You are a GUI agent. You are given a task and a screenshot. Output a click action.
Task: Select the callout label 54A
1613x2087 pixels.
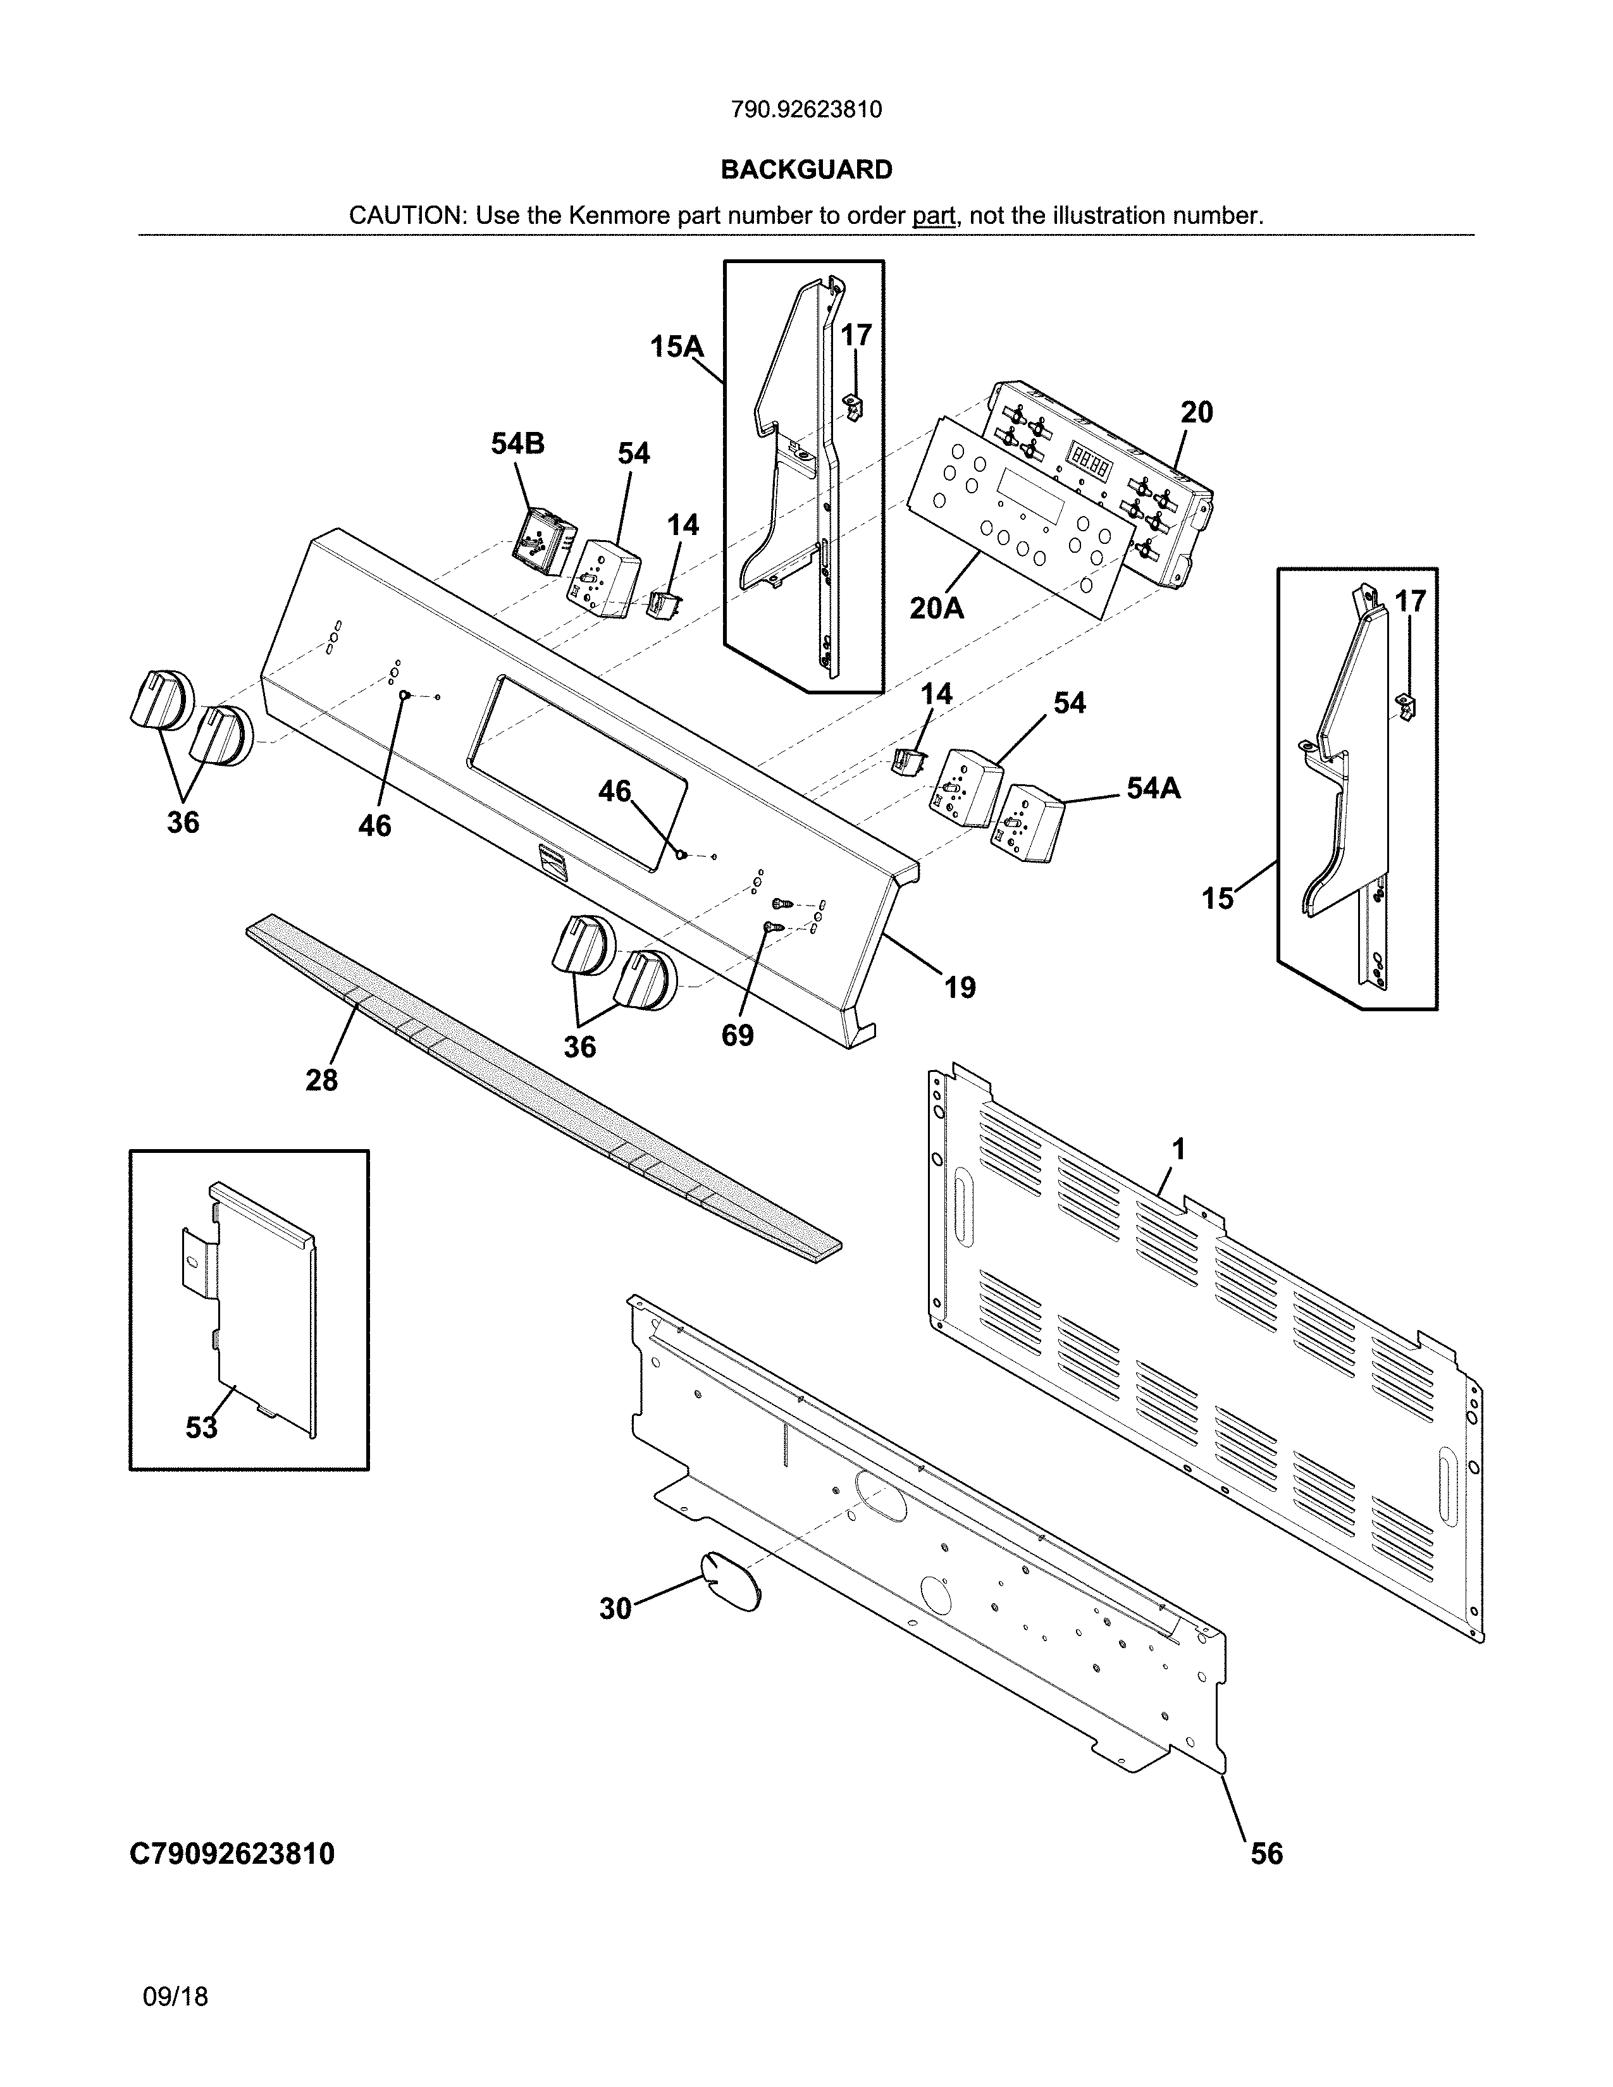click(x=1153, y=789)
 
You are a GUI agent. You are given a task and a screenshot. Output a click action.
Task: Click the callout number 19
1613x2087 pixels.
click(x=960, y=987)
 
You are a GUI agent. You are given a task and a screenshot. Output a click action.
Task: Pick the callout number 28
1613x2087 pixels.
click(x=321, y=1080)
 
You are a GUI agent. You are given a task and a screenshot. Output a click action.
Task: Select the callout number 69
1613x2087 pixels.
click(x=737, y=1035)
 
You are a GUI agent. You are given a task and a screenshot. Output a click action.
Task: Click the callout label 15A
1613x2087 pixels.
click(x=677, y=346)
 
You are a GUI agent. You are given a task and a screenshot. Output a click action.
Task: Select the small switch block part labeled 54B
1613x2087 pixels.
click(x=541, y=543)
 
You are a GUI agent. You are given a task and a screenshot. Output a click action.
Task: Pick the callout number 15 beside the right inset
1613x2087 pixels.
click(x=1218, y=898)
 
